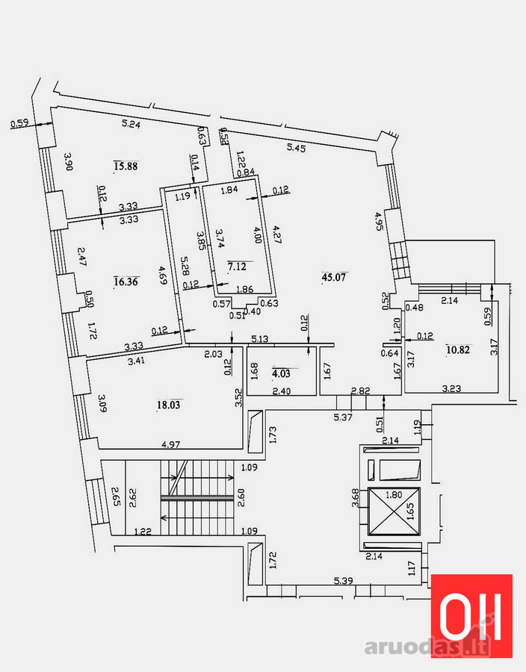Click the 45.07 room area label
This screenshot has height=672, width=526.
click(334, 277)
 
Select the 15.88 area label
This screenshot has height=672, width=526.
click(126, 166)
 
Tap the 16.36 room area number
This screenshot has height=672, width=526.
click(126, 281)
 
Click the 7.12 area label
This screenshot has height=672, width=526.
click(237, 266)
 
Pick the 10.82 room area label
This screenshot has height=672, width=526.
click(458, 349)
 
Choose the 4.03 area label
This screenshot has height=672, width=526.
click(281, 373)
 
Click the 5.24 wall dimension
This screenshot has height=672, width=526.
click(131, 124)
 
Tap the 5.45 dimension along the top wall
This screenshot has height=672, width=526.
click(296, 148)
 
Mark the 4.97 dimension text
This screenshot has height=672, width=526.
click(170, 444)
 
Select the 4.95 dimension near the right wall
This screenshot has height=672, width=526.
click(380, 221)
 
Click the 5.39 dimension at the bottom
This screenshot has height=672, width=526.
click(344, 581)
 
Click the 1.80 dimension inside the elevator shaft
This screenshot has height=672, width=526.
click(394, 494)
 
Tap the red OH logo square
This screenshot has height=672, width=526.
click(471, 615)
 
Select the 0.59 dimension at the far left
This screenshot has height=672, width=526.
click(19, 123)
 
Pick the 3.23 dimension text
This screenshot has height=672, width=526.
click(451, 388)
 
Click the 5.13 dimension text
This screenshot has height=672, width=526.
click(260, 339)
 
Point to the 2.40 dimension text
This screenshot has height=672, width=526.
click(282, 391)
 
